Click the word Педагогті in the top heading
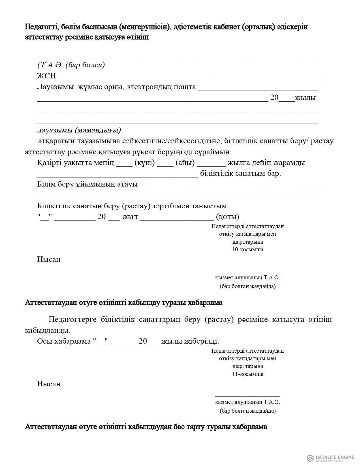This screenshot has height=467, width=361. [41, 27]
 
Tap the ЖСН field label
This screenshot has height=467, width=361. [46, 76]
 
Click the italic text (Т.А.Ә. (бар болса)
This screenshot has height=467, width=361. [71, 65]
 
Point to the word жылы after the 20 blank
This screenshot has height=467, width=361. [305, 98]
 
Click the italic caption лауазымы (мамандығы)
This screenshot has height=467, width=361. [79, 130]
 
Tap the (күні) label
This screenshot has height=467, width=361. [144, 163]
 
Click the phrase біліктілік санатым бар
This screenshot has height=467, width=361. [240, 173]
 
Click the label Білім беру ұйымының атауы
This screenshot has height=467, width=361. [87, 185]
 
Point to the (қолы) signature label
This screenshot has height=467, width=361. [227, 217]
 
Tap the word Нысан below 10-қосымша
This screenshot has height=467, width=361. [49, 260]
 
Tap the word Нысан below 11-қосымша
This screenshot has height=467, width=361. [49, 384]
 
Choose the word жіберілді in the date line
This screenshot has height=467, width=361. [204, 341]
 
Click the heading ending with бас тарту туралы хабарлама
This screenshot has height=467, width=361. [146, 427]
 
